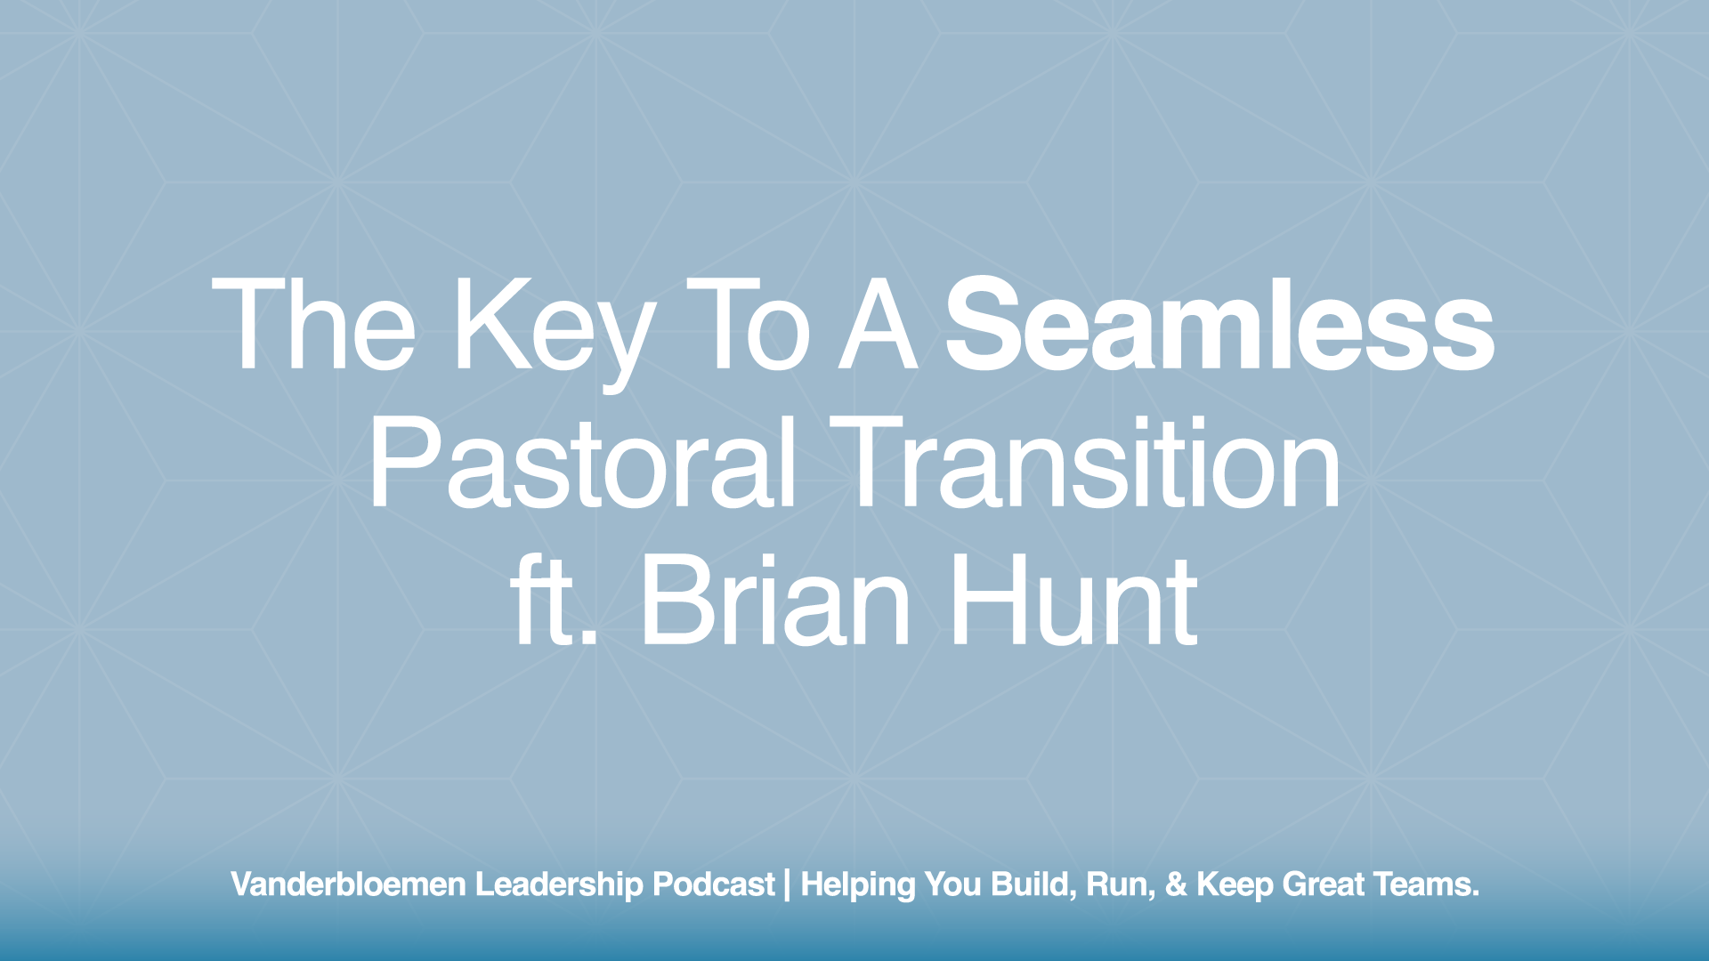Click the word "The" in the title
[313, 326]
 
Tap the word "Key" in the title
[555, 331]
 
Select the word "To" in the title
[749, 326]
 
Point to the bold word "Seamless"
[1219, 326]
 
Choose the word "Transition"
[1085, 464]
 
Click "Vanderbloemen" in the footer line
[348, 884]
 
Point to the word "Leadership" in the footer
[559, 884]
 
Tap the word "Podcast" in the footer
[714, 884]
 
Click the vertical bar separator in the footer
[788, 884]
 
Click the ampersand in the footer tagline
[1177, 884]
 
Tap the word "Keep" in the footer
[1235, 884]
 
